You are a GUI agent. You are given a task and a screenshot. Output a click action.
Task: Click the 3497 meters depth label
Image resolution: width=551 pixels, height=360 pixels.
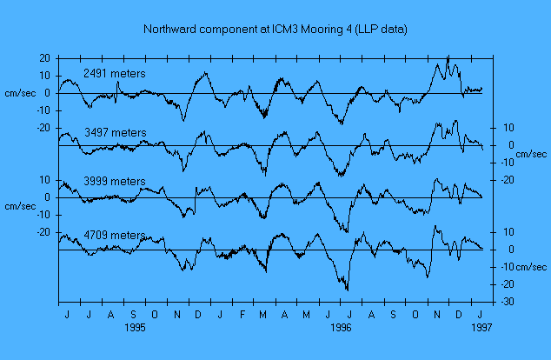coord(115,132)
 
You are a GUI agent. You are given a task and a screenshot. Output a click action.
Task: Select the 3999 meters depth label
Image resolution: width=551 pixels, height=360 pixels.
coord(115,181)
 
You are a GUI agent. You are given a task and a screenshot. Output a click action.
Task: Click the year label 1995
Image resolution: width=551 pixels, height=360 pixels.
coord(134,329)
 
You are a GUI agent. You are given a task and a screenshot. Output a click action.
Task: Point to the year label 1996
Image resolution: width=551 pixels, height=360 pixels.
coord(341,329)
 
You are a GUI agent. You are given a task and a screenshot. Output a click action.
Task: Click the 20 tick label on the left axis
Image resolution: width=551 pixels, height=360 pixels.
coord(43,57)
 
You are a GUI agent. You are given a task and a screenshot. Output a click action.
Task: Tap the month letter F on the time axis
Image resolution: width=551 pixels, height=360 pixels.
coord(242,314)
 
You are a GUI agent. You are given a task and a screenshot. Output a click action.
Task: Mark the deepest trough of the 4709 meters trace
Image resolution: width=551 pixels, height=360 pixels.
coord(348,290)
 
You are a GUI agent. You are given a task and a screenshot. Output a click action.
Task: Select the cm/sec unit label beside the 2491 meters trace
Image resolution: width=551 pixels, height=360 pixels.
coord(20,93)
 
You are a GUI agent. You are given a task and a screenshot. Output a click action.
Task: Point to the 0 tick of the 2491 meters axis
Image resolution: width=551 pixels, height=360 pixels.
coord(46,93)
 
